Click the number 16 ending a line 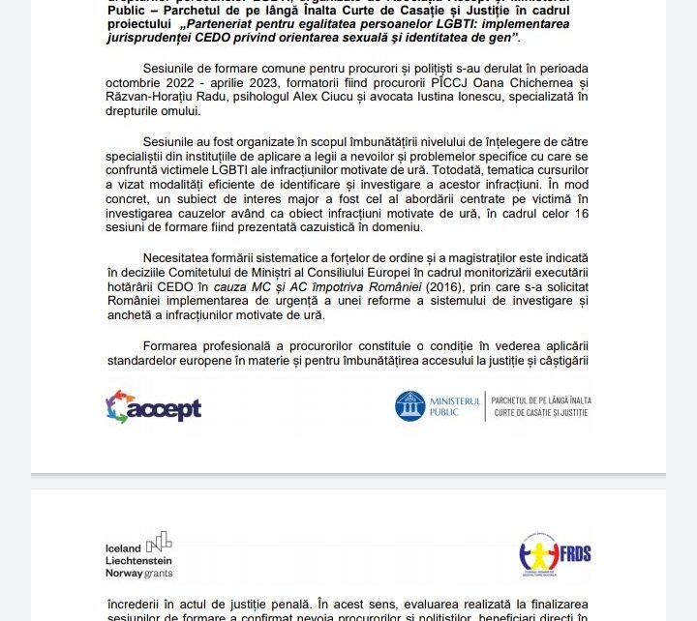[x=581, y=213]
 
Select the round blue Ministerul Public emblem [x=409, y=406]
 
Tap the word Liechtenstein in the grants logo [x=138, y=561]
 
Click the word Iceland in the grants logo [x=123, y=548]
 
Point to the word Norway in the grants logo [x=125, y=574]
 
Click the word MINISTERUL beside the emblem [x=455, y=400]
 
